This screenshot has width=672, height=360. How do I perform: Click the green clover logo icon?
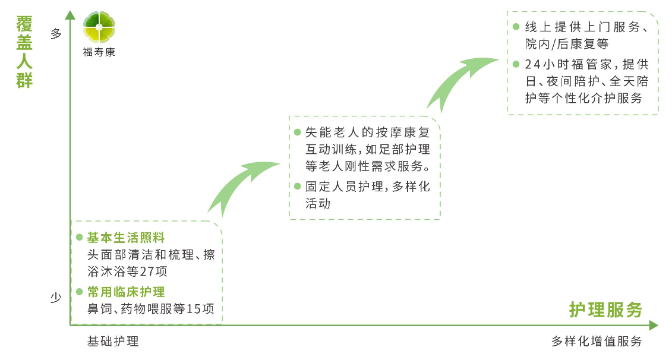99,27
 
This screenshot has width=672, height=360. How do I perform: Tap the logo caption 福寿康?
99,52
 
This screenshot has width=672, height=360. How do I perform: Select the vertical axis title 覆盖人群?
24,52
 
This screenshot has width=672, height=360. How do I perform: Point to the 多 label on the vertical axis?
56,34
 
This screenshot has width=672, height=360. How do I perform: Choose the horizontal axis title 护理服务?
605,310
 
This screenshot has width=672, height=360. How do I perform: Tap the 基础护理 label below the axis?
113,342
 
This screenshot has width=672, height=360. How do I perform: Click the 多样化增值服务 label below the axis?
597,342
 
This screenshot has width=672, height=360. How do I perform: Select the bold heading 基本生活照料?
125,238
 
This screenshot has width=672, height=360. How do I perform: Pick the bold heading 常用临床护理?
125,292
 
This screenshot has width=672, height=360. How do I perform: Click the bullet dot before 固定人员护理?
298,186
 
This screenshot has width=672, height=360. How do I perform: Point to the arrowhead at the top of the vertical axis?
70,14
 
